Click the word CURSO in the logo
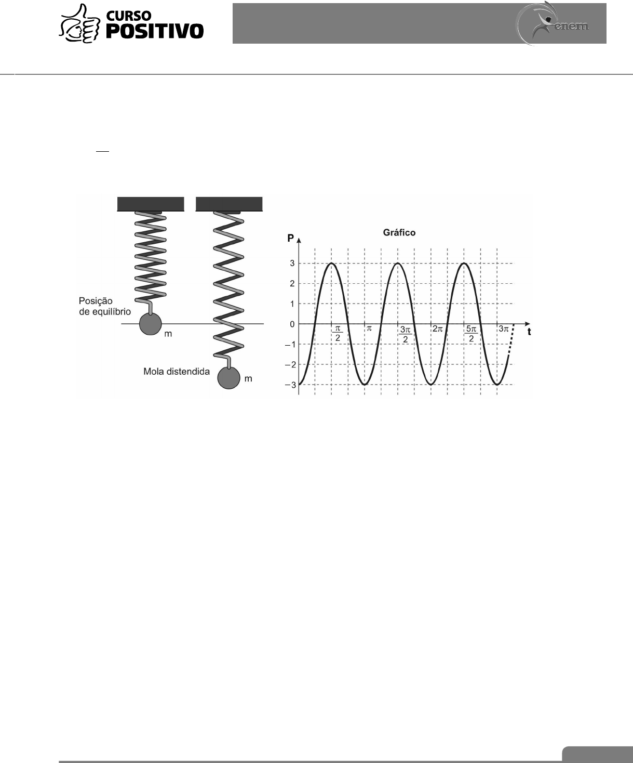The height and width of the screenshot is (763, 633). pos(129,16)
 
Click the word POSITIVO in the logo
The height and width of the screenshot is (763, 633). pos(155,31)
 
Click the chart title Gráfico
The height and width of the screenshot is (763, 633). pos(399,233)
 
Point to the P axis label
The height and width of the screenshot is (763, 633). pos(291,239)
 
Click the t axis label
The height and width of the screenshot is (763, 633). pos(529,332)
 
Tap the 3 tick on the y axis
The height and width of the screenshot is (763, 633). pos(292,264)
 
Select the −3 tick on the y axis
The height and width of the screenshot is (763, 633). pos(291,385)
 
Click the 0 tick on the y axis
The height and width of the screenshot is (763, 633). pos(292,324)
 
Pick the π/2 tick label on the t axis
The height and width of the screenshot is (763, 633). pos(338,333)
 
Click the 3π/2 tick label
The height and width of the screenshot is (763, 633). pos(405,333)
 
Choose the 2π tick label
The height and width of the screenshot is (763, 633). pos(438,329)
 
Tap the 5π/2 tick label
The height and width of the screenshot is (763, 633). pos(471,333)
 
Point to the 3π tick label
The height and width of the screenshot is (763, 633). pos(504,329)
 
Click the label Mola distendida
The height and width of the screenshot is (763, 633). pos(177,372)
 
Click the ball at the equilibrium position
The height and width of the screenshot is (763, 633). pos(150,324)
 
